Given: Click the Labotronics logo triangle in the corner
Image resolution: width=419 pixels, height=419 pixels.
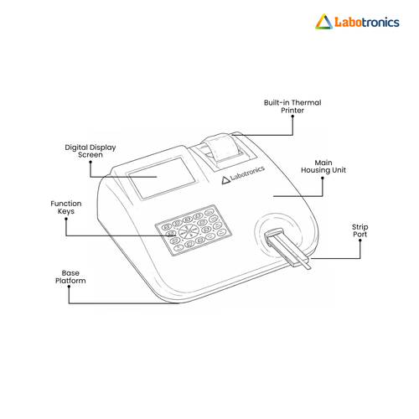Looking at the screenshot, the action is (x=324, y=22).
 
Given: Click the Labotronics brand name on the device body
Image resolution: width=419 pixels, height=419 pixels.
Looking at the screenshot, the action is (x=247, y=173).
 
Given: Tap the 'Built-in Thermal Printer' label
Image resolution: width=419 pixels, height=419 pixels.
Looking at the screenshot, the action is (x=292, y=106).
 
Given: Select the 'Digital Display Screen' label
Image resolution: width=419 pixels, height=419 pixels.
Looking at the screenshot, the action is (x=91, y=151).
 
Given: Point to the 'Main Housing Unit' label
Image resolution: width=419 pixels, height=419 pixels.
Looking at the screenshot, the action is (x=323, y=166).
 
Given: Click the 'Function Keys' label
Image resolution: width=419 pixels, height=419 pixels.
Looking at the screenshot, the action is (x=66, y=207).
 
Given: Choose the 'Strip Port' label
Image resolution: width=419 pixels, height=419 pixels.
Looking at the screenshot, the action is (x=360, y=230).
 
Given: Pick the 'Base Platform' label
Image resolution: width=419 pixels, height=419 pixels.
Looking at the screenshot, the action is (x=70, y=277).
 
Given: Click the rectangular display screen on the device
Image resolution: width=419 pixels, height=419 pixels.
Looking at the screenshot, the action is (x=162, y=178).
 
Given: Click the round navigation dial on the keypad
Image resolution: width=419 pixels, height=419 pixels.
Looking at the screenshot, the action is (x=188, y=231).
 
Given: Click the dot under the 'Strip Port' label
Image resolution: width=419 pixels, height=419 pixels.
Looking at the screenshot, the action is (x=360, y=241).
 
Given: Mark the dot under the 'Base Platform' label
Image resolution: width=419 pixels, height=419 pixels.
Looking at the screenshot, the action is (x=69, y=287).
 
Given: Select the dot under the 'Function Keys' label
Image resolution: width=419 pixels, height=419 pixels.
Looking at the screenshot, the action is (x=66, y=219).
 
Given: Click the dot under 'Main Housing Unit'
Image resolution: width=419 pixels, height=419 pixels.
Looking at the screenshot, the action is (x=323, y=178).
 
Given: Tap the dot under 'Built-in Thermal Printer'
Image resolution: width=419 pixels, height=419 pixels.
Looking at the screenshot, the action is (x=292, y=116).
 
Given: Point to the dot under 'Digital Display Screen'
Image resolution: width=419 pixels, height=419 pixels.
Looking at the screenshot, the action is (x=91, y=162).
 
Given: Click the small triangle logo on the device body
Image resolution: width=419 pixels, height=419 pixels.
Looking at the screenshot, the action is (x=225, y=180).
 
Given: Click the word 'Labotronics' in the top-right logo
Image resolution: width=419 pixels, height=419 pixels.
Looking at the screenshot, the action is (x=367, y=22).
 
